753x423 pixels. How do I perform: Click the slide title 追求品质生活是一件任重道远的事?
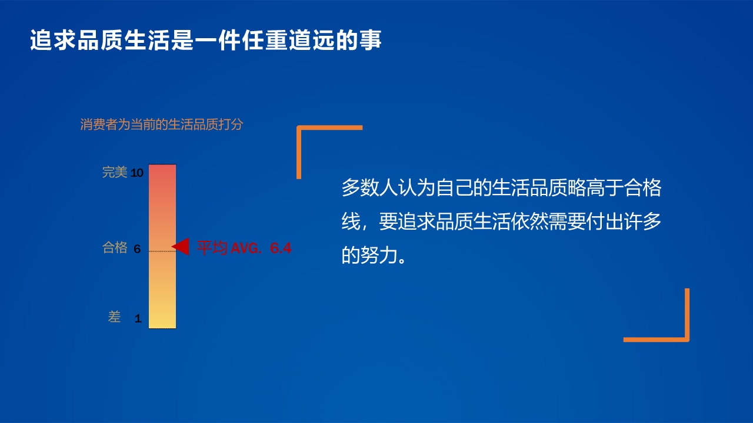pyautogui.click(x=205, y=41)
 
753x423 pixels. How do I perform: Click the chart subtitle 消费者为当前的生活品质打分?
pyautogui.click(x=161, y=125)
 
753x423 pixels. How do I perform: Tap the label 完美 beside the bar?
pyautogui.click(x=115, y=172)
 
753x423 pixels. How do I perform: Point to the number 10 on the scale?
pyautogui.click(x=137, y=173)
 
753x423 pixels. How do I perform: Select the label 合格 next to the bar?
pyautogui.click(x=115, y=247)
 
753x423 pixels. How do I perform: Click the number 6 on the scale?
pyautogui.click(x=137, y=249)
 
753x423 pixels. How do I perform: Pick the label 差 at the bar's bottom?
pyautogui.click(x=114, y=317)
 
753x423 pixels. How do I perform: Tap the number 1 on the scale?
pyautogui.click(x=138, y=319)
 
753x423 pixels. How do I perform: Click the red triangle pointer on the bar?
pyautogui.click(x=181, y=247)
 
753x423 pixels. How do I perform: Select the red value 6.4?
pyautogui.click(x=281, y=248)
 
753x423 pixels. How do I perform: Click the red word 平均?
pyautogui.click(x=212, y=248)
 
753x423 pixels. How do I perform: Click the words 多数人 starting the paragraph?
pyautogui.click(x=369, y=188)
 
